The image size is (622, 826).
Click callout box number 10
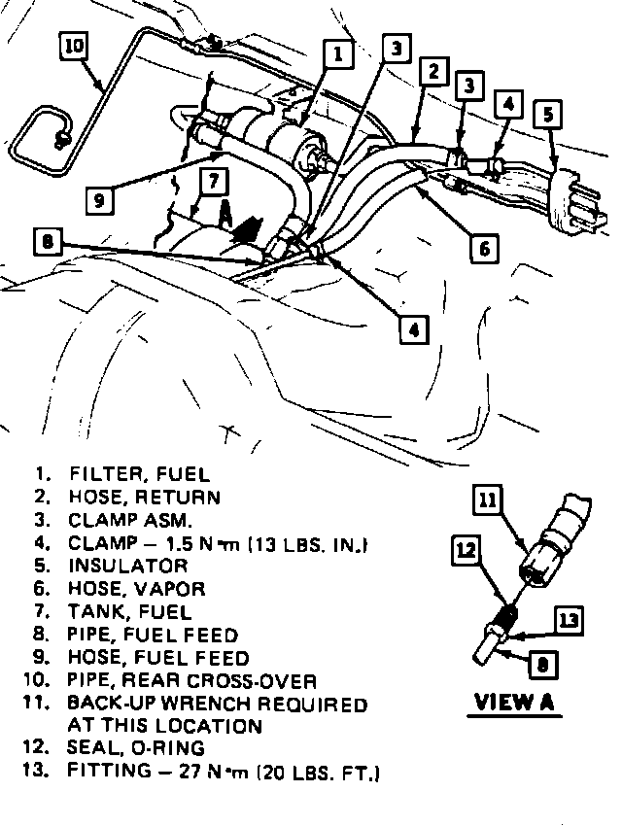coord(75,46)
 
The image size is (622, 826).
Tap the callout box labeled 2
coord(433,70)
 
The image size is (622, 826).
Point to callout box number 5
coord(549,115)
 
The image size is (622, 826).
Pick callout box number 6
coord(483,248)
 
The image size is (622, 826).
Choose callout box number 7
coord(214,181)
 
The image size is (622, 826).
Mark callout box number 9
coord(98,201)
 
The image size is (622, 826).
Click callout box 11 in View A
coord(489,501)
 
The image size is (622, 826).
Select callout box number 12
coord(466,550)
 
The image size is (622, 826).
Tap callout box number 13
coord(570,619)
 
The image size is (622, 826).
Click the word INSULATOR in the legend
coord(128,566)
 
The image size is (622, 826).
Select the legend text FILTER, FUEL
coord(139,474)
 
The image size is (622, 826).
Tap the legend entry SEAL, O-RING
coord(137,748)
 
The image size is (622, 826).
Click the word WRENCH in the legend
coord(236,704)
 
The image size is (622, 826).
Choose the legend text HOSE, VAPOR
coord(137,589)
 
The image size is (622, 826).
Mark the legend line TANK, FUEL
coord(130,612)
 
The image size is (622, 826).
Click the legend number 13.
coord(40,773)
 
